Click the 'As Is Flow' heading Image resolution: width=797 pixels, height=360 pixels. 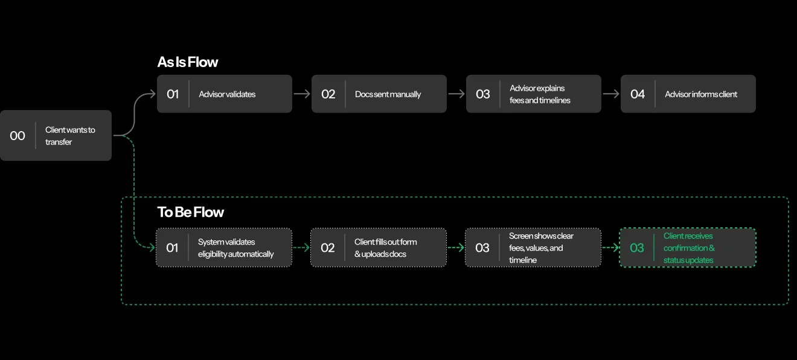pos(188,62)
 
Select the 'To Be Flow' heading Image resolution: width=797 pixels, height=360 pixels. pos(191,212)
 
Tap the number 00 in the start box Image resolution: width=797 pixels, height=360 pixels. pos(18,136)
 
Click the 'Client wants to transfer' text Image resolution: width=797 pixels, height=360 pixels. pos(70,136)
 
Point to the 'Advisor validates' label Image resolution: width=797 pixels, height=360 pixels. pos(227,94)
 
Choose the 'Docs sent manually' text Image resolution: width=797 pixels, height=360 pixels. pos(388,94)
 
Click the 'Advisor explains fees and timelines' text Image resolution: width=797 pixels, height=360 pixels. pos(540,94)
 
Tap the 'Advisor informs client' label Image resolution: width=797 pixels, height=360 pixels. pos(701,94)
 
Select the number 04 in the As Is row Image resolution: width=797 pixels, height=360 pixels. pos(638,94)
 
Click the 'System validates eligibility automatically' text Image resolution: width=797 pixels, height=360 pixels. pos(236,248)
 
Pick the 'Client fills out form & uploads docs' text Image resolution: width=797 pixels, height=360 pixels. pos(385,248)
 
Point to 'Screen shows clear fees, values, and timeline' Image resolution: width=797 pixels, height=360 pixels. pos(541,248)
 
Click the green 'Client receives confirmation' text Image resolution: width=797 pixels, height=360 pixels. pos(689,248)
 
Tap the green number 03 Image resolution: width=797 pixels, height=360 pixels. pos(637,248)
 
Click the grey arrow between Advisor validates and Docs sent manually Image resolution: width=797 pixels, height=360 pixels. pos(302,94)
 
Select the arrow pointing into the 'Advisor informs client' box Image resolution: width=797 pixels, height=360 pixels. pos(611,94)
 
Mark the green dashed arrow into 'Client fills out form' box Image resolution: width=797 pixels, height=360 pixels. pos(301,248)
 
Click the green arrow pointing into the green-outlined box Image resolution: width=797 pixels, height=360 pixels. pos(610,248)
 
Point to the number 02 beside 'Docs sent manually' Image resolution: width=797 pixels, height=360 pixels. pos(328,94)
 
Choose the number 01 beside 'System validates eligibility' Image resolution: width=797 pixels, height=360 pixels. pos(172,248)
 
